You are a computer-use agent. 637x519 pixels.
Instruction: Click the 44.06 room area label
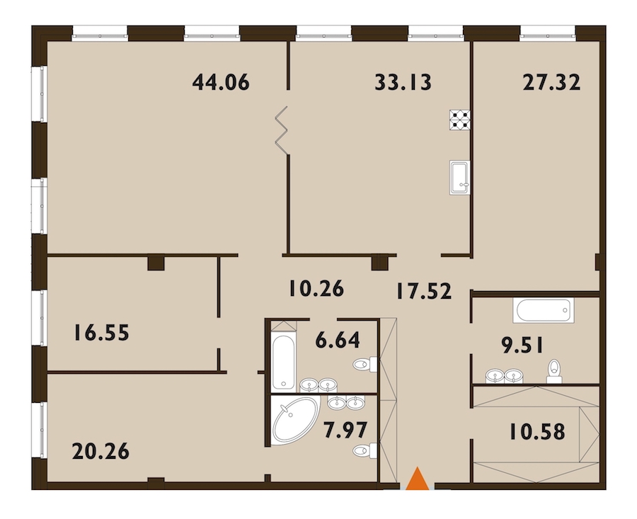point(221,82)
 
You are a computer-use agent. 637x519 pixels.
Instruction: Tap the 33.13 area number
point(403,82)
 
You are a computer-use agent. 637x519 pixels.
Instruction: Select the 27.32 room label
point(551,83)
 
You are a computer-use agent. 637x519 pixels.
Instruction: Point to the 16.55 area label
point(101,333)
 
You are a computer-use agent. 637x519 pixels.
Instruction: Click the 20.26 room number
point(101,451)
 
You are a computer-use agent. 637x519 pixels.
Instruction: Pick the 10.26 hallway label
point(316,289)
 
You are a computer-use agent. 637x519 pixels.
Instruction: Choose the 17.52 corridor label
point(424,292)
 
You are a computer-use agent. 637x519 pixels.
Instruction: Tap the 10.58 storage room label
point(536,432)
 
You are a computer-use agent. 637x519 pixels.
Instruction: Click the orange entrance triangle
point(417,479)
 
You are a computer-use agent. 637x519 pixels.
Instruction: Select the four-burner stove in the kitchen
point(460,120)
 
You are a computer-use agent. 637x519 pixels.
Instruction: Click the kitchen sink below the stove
point(460,178)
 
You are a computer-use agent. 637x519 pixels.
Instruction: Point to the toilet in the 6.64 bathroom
point(365,364)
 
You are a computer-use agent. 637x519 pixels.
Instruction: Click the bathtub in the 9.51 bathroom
point(543,311)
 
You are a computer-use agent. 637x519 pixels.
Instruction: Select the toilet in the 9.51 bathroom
point(554,371)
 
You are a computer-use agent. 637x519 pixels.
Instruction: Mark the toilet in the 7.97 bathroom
point(365,450)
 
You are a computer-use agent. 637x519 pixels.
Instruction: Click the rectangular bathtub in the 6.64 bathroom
point(283,362)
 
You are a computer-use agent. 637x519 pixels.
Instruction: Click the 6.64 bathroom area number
point(338,340)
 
